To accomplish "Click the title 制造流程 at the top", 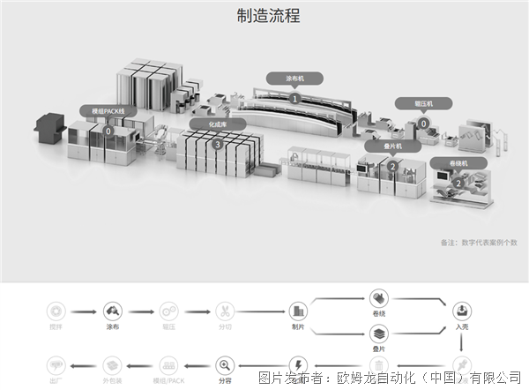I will click(264, 16).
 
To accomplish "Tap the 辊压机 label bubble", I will click(424, 102).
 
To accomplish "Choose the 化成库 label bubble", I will click(218, 124).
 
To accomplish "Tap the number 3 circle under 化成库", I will click(218, 144).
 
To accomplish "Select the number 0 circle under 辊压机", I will click(424, 123).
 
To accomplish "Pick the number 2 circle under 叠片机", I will click(391, 165).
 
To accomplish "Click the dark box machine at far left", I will click(49, 130).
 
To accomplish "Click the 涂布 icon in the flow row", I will click(112, 311).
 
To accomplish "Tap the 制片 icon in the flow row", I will click(297, 311).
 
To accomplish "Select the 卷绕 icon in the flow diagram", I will click(379, 297).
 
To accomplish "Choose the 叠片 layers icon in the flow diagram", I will click(379, 334).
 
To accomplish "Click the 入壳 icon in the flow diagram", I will click(461, 311).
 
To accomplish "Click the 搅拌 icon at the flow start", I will click(57, 311).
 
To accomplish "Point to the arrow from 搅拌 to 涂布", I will click(85, 311).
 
